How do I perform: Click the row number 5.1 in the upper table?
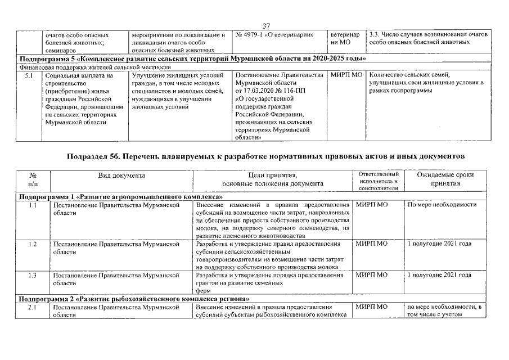coord(28,75)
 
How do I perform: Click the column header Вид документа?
coord(121,175)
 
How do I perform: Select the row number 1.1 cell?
coord(33,205)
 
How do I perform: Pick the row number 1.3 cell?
coord(33,275)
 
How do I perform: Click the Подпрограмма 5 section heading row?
coord(193,58)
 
